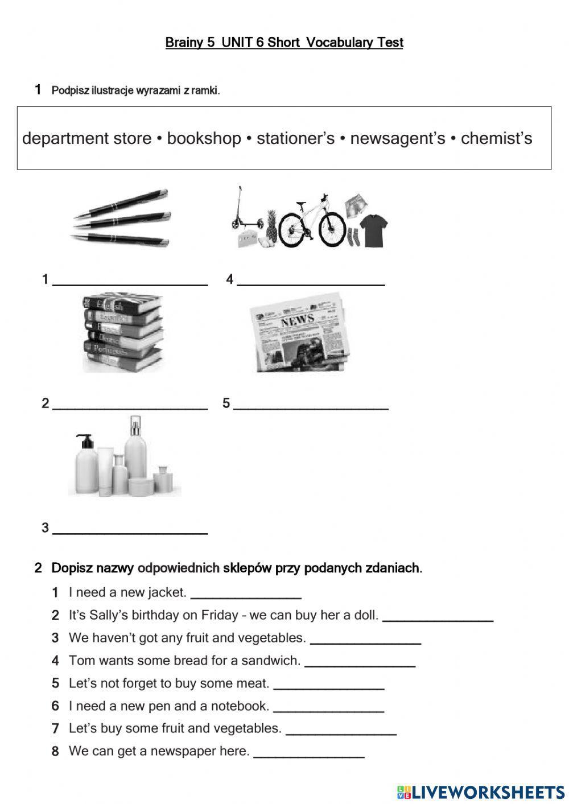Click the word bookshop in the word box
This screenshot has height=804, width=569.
[204, 138]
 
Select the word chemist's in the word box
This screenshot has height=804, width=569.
[496, 138]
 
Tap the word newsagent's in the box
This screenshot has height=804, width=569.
[397, 138]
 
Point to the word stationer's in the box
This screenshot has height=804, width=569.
[295, 138]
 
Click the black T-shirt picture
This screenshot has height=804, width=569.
[374, 229]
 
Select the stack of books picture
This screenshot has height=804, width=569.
[122, 332]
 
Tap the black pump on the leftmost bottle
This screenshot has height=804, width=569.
[85, 440]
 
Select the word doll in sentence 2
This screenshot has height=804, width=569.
[366, 615]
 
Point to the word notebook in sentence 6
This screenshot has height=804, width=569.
[239, 706]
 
